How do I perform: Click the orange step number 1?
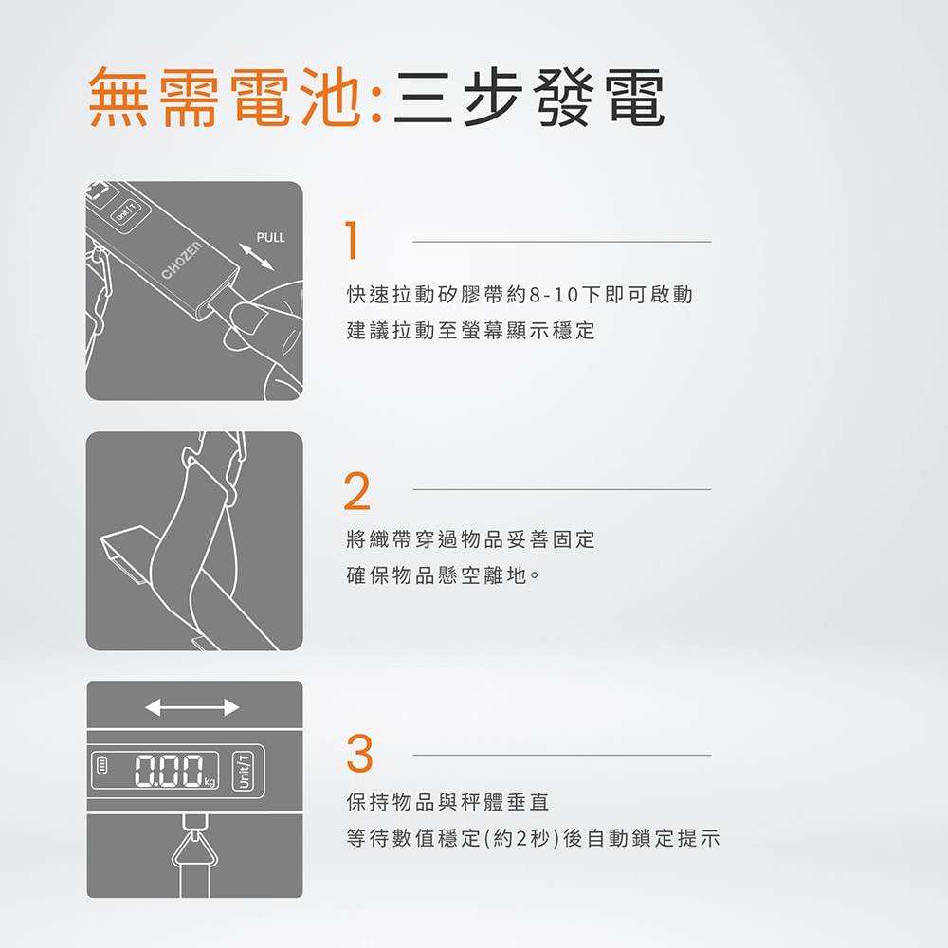point(353,242)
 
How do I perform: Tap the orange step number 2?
point(357,491)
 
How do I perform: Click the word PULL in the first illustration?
point(270,237)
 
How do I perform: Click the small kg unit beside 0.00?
point(210,783)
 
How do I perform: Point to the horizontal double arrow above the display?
point(191,707)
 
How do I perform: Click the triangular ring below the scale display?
point(194,849)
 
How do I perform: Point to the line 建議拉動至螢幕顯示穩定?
point(471,332)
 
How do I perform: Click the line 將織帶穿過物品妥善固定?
point(471,540)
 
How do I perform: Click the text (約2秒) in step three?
point(520,839)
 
